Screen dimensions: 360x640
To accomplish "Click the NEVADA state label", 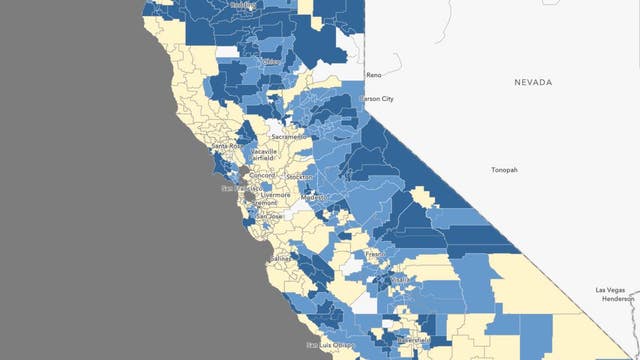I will tap(533, 83).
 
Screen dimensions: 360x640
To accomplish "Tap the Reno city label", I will tap(375, 75).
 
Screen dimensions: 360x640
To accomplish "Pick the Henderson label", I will tap(619, 298).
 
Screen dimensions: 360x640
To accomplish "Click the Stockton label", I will tap(297, 176).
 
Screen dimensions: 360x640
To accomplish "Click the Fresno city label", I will tap(374, 255).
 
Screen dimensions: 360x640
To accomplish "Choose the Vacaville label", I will tap(263, 151).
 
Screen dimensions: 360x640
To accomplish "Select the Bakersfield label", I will tap(413, 342).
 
